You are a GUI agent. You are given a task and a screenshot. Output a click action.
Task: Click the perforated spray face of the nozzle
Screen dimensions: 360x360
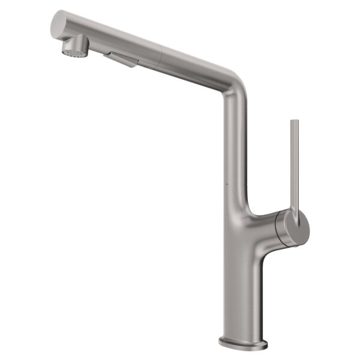coord(74,52)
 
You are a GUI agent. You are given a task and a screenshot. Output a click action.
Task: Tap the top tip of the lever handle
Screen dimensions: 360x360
coord(294,122)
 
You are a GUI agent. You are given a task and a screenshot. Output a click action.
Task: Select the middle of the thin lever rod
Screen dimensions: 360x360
coord(295,165)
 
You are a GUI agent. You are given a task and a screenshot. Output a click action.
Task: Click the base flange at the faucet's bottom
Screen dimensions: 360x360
coord(243,344)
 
